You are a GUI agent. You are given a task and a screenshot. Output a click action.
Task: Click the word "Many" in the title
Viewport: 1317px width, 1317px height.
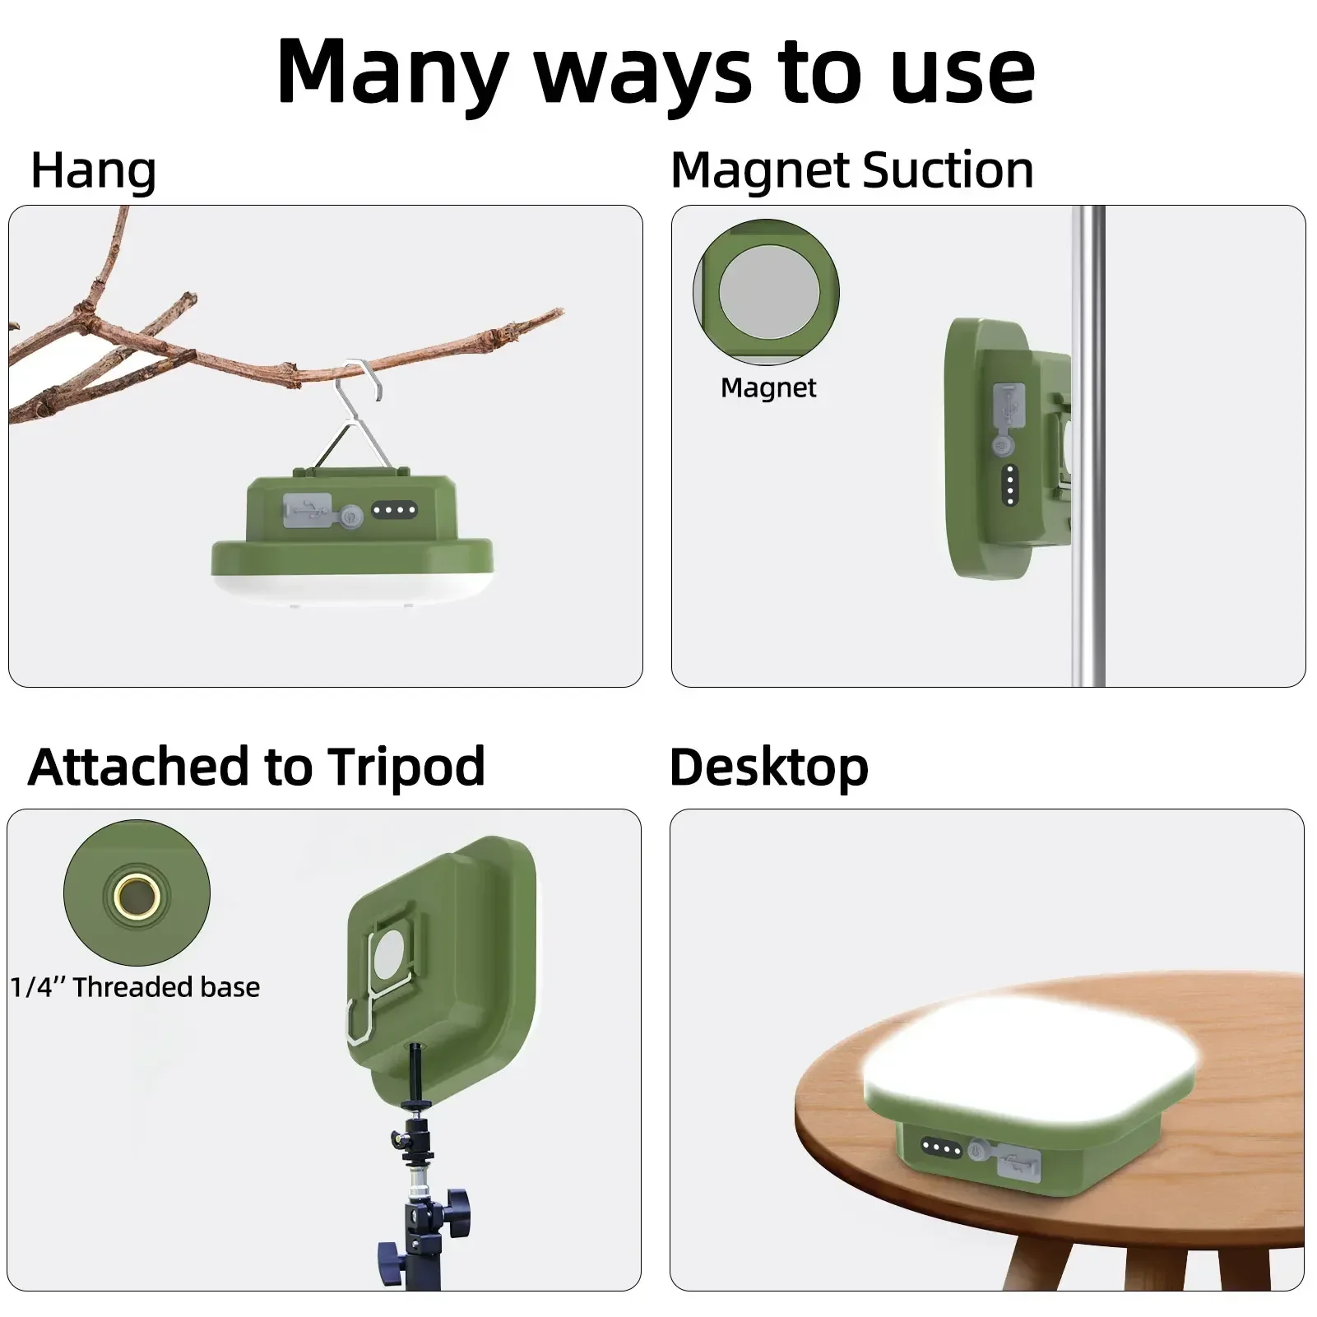pyautogui.click(x=393, y=72)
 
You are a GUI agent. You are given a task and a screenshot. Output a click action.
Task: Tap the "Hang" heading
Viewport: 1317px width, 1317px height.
pyautogui.click(x=93, y=172)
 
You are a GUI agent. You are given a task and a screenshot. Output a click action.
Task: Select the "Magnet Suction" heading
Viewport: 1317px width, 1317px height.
pyautogui.click(x=852, y=170)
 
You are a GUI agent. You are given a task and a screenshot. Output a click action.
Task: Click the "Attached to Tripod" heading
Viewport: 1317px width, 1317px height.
pyautogui.click(x=257, y=767)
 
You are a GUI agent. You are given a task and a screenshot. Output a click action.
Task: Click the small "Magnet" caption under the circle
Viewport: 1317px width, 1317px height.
pyautogui.click(x=768, y=387)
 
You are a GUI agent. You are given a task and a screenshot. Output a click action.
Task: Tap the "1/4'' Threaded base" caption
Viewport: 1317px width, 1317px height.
pyautogui.click(x=135, y=986)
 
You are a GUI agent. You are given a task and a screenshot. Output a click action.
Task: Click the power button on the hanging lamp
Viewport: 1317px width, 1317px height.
pyautogui.click(x=353, y=517)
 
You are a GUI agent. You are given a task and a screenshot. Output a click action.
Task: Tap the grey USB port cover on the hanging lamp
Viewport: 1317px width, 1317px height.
pyautogui.click(x=308, y=510)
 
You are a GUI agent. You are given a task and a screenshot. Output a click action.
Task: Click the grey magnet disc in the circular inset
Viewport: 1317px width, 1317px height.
pyautogui.click(x=769, y=292)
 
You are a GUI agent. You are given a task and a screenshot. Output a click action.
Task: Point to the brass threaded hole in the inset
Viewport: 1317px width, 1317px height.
pyautogui.click(x=137, y=894)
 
